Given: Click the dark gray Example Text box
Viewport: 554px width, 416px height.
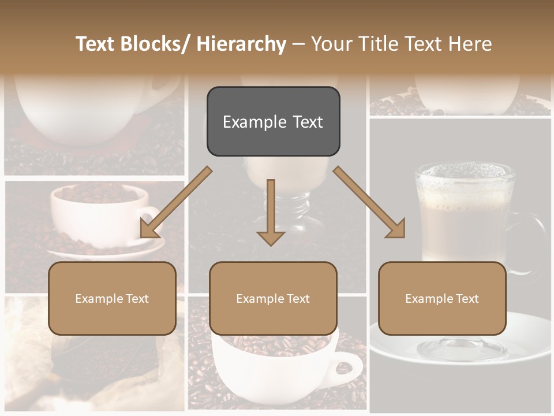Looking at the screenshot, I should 273,121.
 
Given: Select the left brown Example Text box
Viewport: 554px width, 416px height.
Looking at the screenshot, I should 112,298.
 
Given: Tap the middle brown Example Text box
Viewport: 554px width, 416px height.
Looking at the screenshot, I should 273,298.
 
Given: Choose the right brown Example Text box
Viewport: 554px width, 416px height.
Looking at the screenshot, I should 442,298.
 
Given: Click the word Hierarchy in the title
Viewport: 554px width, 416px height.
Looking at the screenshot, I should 241,44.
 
